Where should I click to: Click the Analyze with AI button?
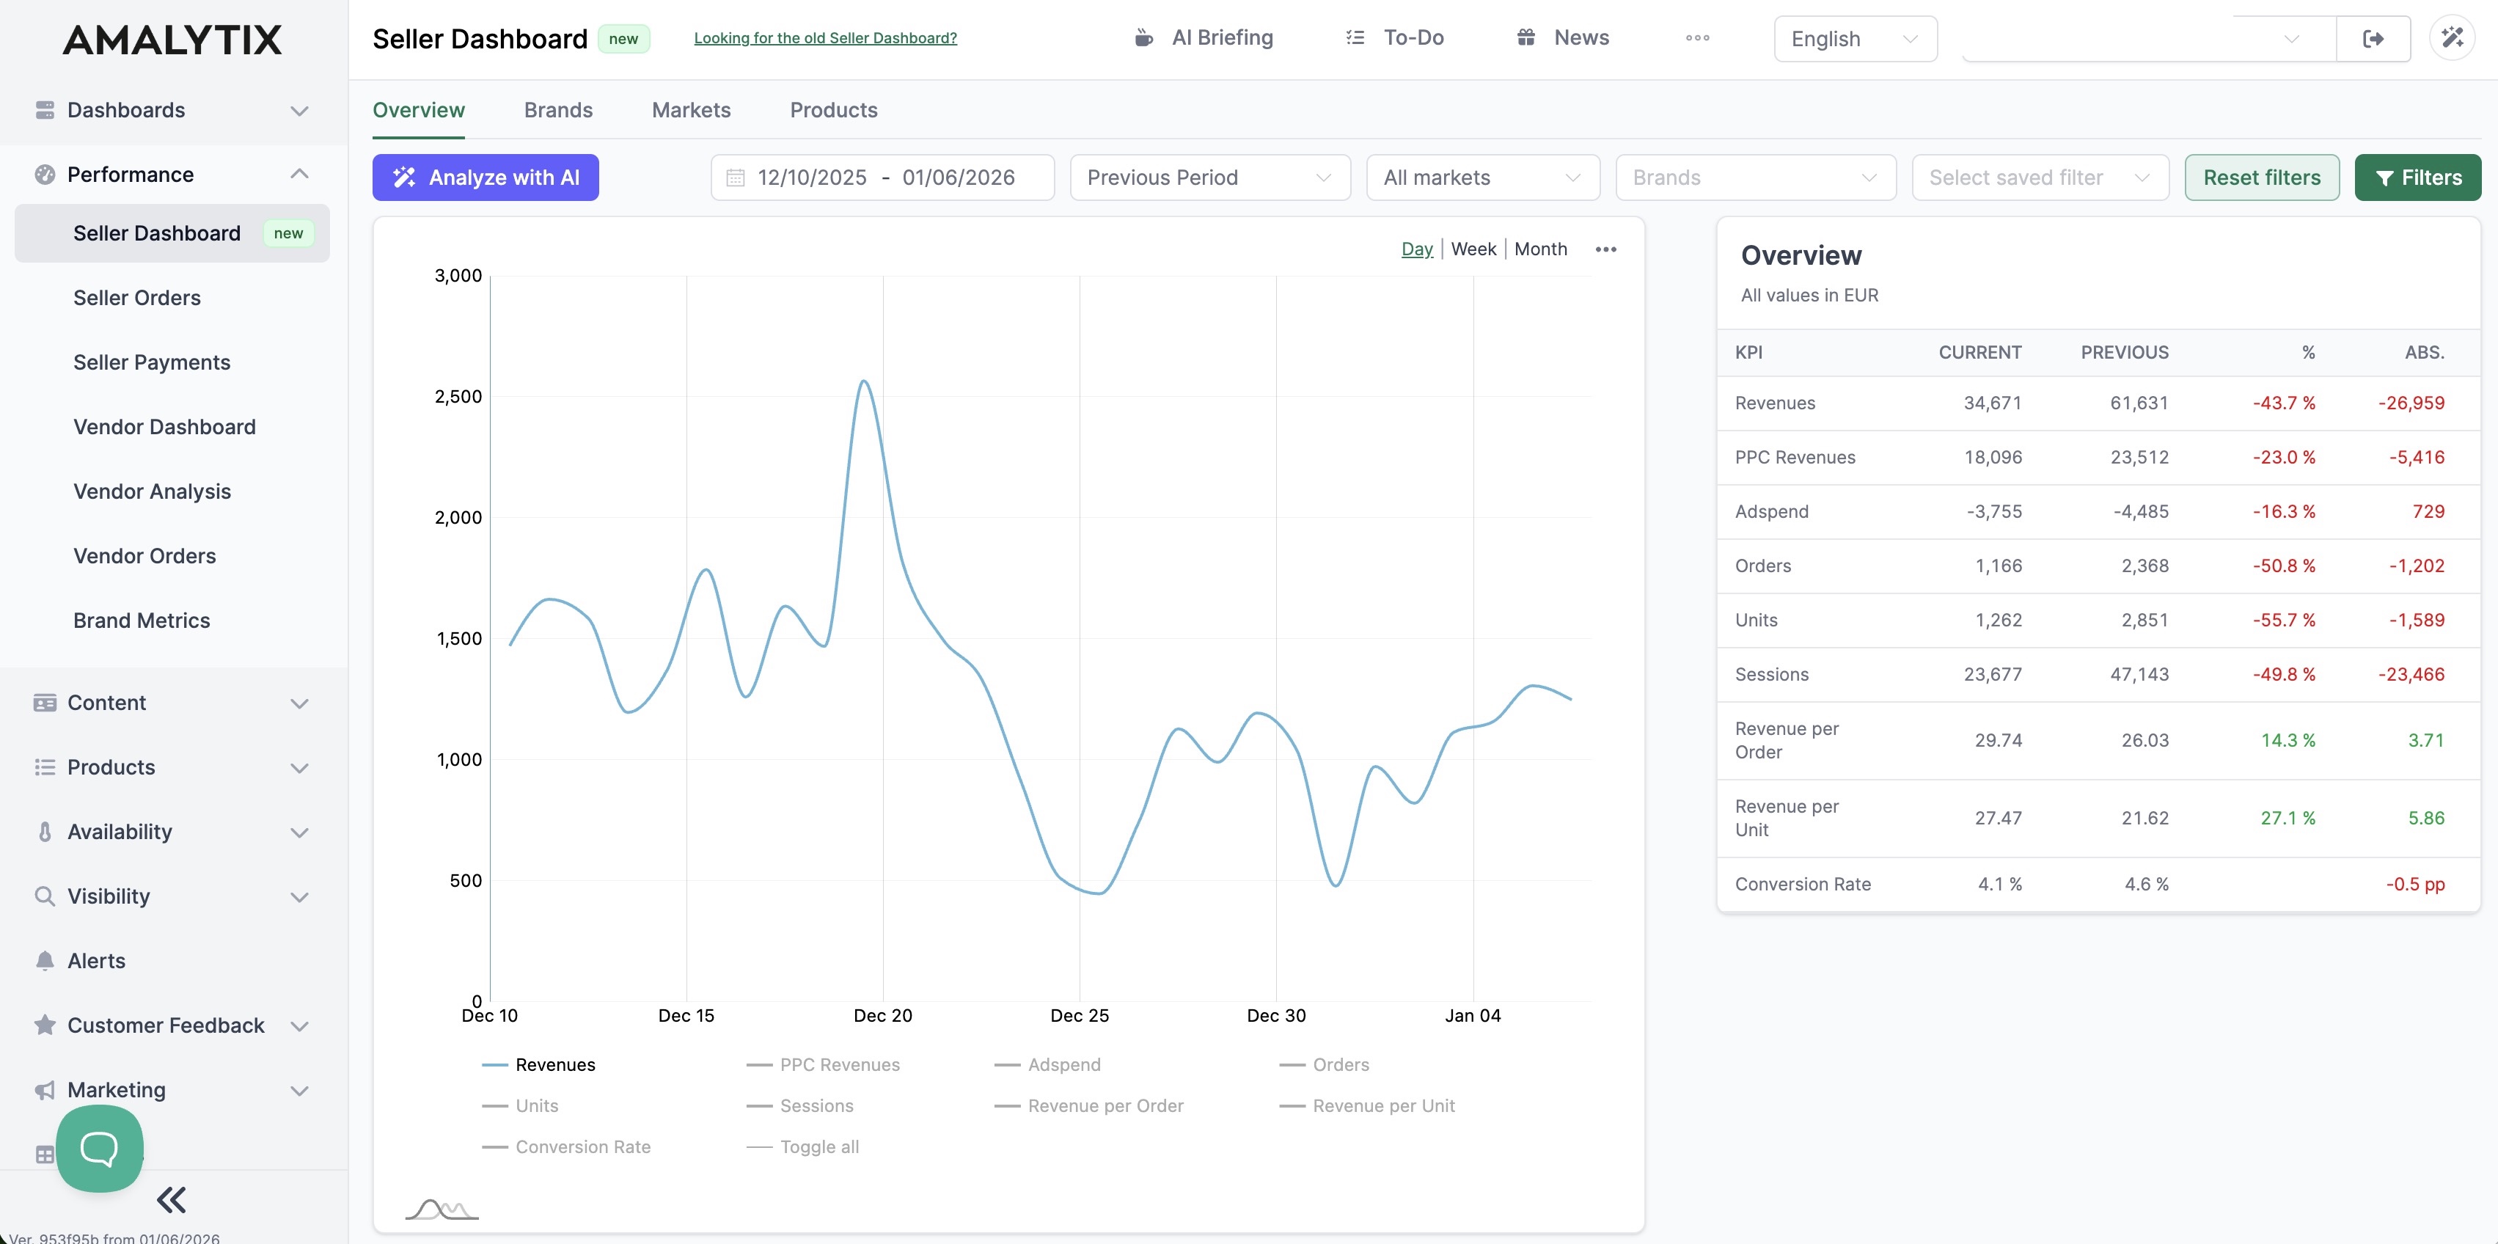(x=485, y=178)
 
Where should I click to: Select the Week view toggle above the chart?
(x=1473, y=249)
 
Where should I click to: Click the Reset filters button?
(x=2260, y=178)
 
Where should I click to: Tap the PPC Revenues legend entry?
(x=839, y=1064)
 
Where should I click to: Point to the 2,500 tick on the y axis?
(x=458, y=397)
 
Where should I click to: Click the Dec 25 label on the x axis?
(x=1080, y=1015)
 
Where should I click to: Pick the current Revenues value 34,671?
(x=1992, y=403)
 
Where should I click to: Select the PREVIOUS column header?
(x=2124, y=353)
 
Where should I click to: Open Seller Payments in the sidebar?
(x=151, y=362)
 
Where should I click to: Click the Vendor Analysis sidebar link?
(x=151, y=491)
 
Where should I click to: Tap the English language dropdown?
(x=1854, y=39)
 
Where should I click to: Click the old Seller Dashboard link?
(x=825, y=38)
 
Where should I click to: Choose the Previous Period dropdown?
(x=1209, y=178)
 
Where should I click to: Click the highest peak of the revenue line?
(x=863, y=381)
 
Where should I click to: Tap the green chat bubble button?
(x=99, y=1149)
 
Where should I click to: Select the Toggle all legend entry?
(x=818, y=1147)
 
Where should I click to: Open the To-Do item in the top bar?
(x=1412, y=38)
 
